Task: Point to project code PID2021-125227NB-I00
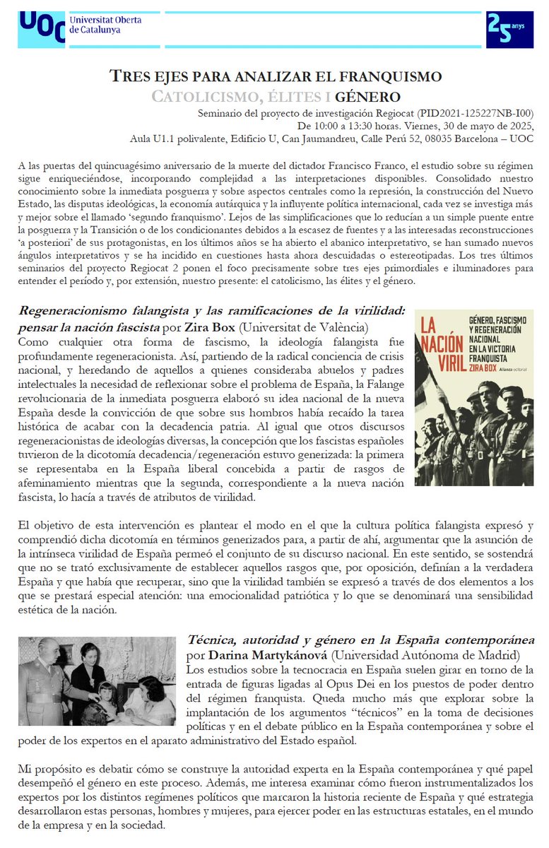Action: click(457, 113)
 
